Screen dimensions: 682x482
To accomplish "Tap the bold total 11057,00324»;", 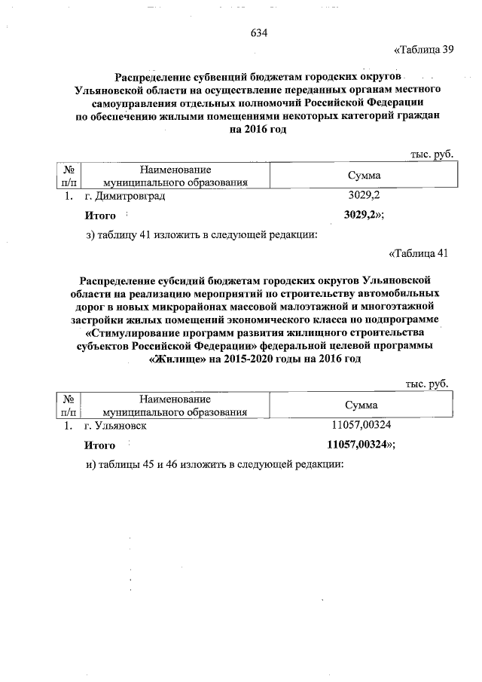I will (361, 445).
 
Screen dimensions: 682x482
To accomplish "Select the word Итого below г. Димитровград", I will (99, 215).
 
